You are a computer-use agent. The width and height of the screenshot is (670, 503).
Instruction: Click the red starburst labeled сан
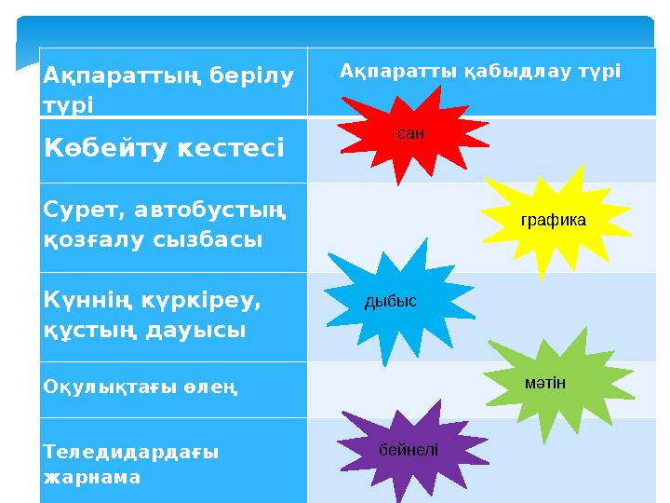[x=409, y=133]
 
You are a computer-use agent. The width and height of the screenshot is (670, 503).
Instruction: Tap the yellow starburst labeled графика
[x=553, y=220]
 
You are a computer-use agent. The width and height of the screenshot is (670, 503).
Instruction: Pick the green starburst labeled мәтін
[x=545, y=383]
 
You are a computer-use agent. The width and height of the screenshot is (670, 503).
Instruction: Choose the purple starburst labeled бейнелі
[x=407, y=449]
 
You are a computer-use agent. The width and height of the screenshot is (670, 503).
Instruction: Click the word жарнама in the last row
[x=92, y=476]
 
